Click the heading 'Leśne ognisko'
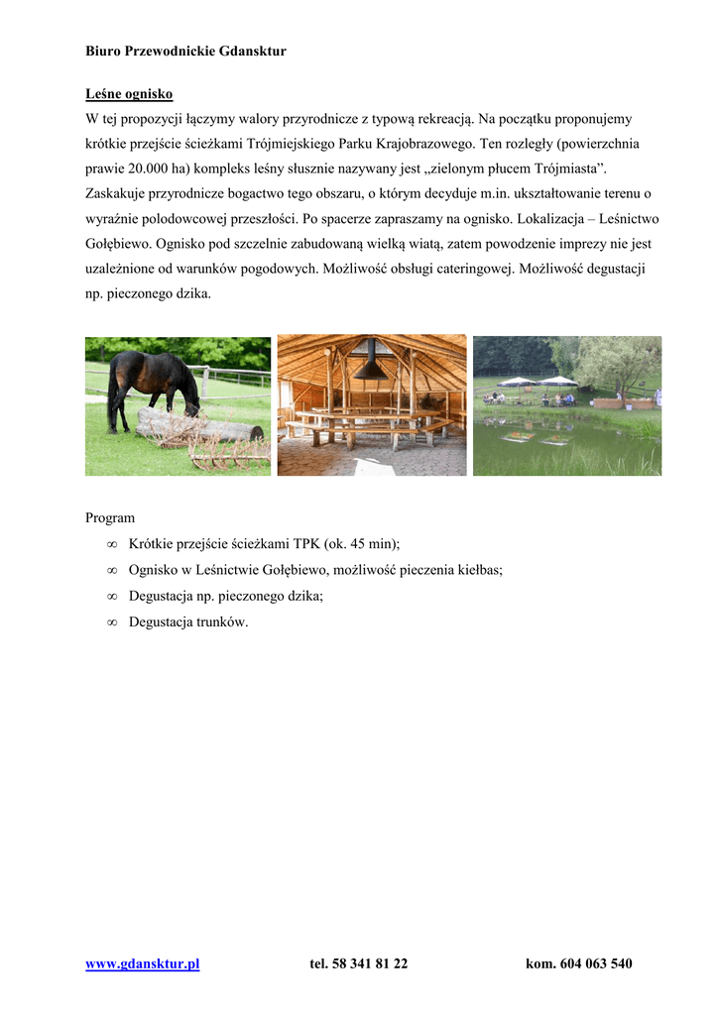pyautogui.click(x=129, y=94)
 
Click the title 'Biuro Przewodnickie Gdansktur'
pyautogui.click(x=185, y=51)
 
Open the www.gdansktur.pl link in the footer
pyautogui.click(x=143, y=963)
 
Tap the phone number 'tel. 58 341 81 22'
pyautogui.click(x=358, y=963)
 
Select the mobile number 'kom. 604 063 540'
pyautogui.click(x=578, y=963)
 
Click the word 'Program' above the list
pyautogui.click(x=110, y=517)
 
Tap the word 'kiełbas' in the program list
pyautogui.click(x=480, y=570)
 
